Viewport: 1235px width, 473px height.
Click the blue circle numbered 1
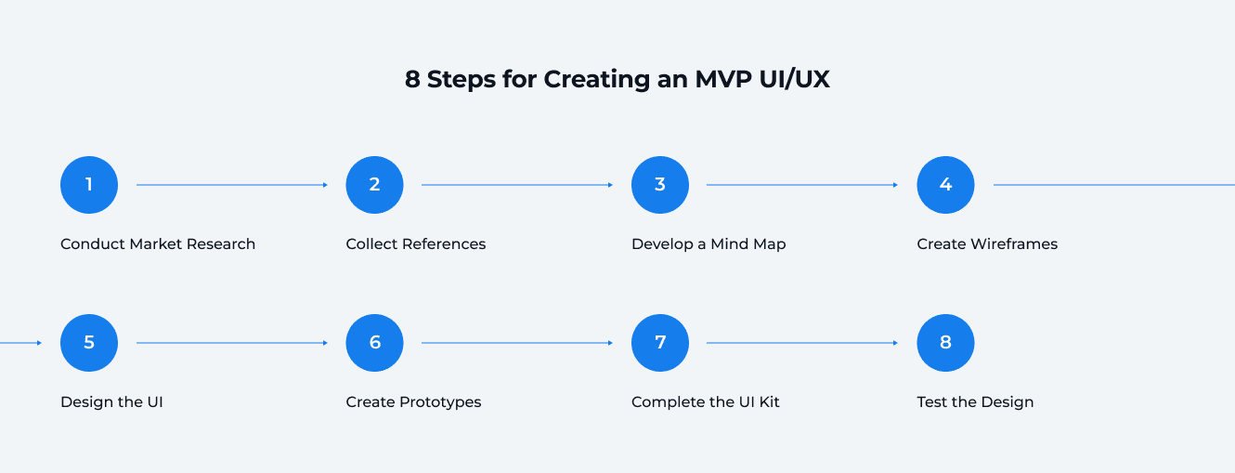pos(89,185)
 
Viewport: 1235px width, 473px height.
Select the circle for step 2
pos(374,185)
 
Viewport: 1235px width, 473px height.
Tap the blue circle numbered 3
pos(660,185)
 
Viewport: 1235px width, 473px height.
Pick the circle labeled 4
pos(945,185)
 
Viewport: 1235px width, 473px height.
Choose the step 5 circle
pos(89,343)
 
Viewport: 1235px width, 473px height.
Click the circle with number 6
pos(374,343)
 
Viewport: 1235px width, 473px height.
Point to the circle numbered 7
pos(660,343)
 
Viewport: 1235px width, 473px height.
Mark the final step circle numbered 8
pos(945,343)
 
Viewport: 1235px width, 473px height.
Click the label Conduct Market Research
pos(158,244)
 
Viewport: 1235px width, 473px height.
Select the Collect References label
pos(416,244)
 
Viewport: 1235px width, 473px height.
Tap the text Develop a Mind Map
pos(708,244)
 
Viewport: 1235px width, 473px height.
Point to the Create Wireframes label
pos(987,244)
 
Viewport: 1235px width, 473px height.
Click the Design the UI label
pos(111,402)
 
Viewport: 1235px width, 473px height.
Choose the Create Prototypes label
pos(413,402)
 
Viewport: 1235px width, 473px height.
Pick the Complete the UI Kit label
pos(706,402)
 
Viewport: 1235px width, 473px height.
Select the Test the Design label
pos(975,402)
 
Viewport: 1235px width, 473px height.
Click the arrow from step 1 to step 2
pos(232,185)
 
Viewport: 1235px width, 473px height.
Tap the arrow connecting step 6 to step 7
pos(517,343)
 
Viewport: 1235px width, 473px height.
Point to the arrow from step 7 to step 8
pos(802,343)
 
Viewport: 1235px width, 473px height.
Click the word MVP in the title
pos(725,80)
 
